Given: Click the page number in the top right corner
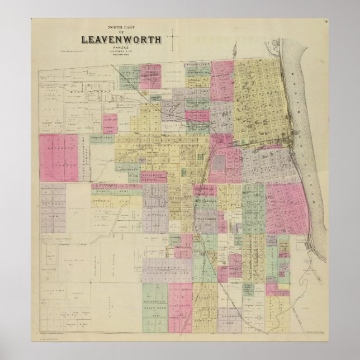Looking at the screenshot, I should pyautogui.click(x=325, y=22).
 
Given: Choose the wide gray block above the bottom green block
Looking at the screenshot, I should pyautogui.click(x=163, y=268).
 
